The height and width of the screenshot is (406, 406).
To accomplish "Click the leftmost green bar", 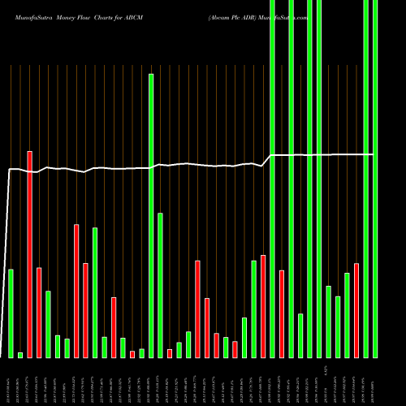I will tap(11, 313).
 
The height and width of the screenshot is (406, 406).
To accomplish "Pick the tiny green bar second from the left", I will tap(20, 355).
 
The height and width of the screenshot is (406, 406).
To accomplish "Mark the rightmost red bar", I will tap(356, 310).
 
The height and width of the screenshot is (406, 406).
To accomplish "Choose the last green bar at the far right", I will tap(374, 179).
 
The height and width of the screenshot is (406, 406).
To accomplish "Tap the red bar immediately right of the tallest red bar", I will tap(39, 312).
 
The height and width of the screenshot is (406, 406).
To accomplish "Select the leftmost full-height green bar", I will tap(272, 179).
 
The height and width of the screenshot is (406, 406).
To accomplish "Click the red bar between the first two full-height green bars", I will tap(282, 313).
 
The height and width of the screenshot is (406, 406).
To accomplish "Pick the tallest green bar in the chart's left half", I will tap(151, 215).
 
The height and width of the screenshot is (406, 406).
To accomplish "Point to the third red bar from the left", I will tap(76, 291).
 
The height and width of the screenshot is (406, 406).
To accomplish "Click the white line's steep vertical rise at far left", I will tap(8, 260).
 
